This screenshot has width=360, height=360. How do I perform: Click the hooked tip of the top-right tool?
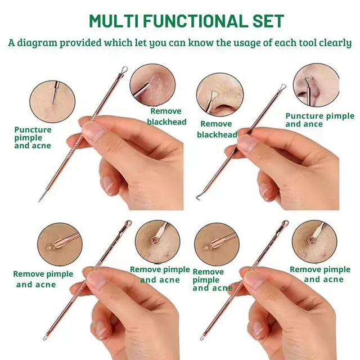pyautogui.click(x=197, y=197)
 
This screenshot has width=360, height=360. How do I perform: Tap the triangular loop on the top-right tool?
pyautogui.click(x=282, y=87)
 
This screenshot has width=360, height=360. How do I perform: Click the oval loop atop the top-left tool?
pyautogui.click(x=124, y=69)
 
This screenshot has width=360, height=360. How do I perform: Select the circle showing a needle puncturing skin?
pyautogui.click(x=52, y=101)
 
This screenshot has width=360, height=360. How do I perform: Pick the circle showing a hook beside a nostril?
pyautogui.click(x=316, y=85)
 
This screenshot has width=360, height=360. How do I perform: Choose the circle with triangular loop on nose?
pyautogui.click(x=220, y=94)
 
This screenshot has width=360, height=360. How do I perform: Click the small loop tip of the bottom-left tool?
pyautogui.click(x=45, y=338)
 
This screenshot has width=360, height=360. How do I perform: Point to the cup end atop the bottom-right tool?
pyautogui.click(x=285, y=223)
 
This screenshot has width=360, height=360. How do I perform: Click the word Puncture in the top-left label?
pyautogui.click(x=33, y=130)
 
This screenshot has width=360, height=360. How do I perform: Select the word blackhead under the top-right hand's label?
pyautogui.click(x=217, y=135)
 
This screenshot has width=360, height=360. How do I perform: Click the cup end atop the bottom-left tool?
pyautogui.click(x=128, y=223)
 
